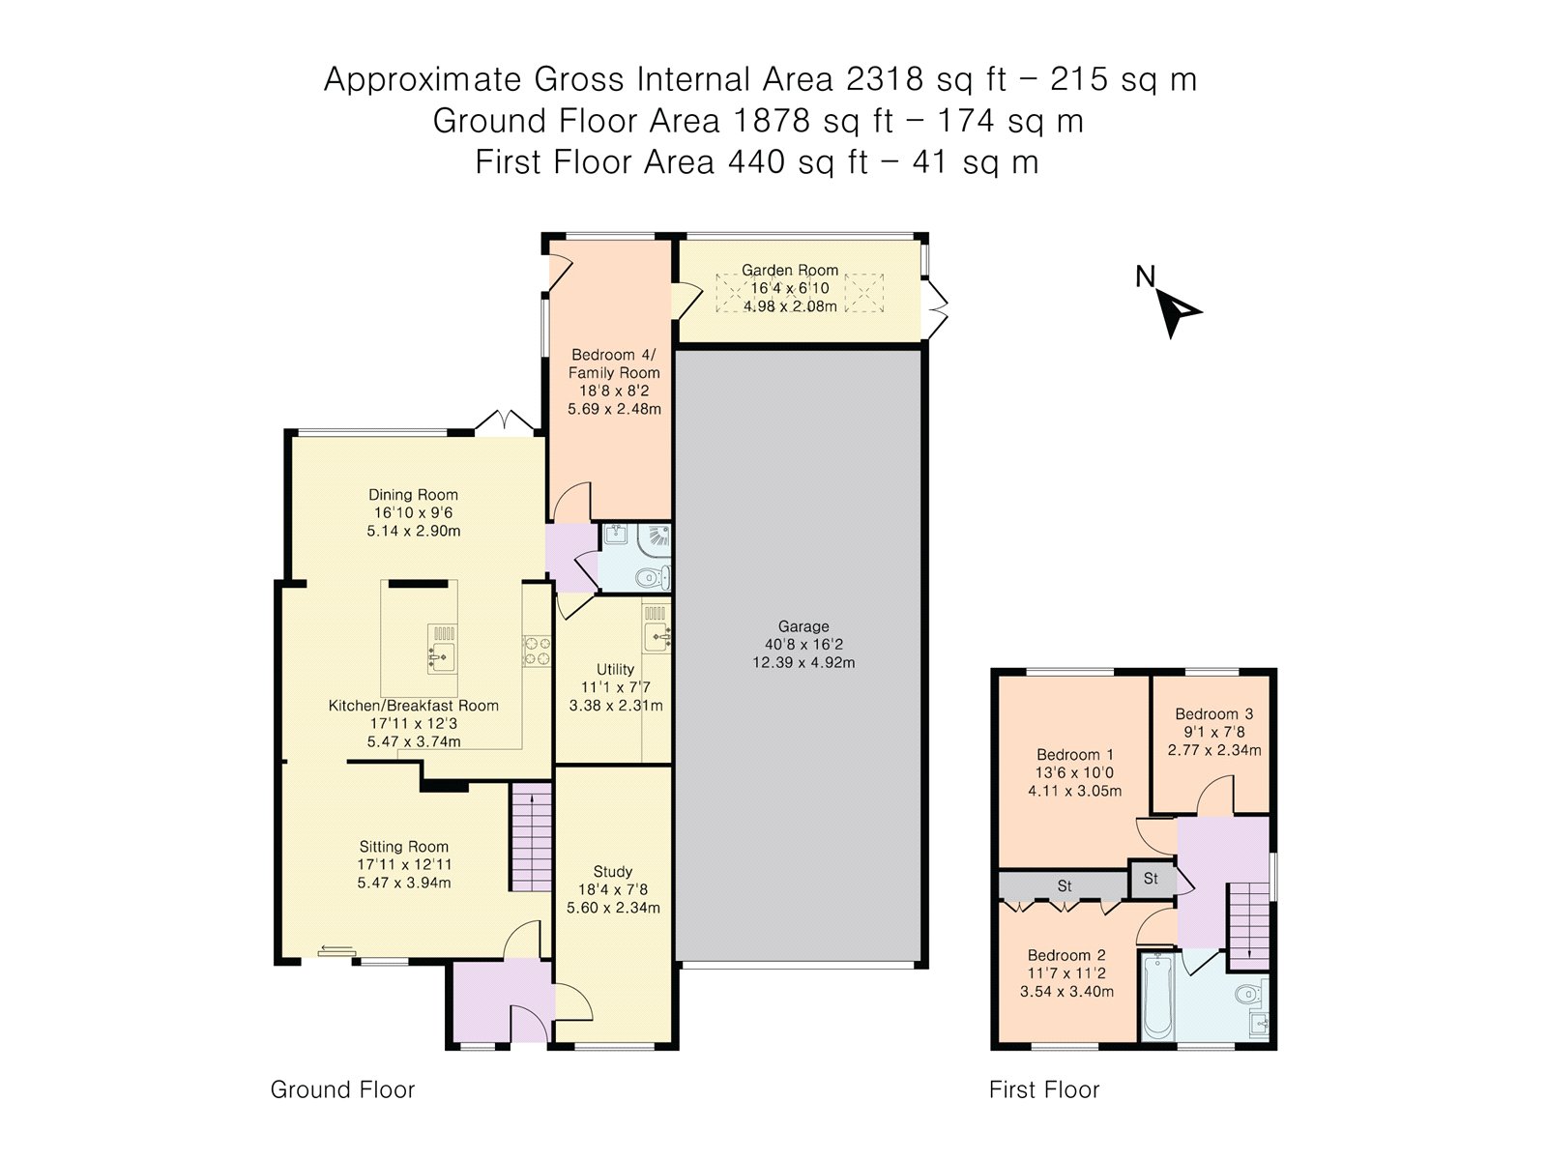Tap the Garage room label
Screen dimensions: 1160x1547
803,626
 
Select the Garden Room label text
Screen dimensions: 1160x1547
790,271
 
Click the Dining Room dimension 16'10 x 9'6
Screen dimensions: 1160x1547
413,512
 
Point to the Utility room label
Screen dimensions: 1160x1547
615,669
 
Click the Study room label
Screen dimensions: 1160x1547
613,871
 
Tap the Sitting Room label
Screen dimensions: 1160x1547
403,847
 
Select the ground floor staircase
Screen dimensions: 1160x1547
531,837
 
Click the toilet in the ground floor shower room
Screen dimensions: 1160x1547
654,578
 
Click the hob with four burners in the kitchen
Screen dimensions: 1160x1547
537,651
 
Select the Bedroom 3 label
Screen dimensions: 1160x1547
1213,714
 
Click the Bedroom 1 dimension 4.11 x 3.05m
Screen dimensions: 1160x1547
1074,791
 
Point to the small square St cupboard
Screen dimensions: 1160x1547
1151,879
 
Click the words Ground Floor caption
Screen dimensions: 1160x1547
342,1089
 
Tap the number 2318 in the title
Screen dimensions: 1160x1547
884,79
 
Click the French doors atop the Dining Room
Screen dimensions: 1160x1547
504,422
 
